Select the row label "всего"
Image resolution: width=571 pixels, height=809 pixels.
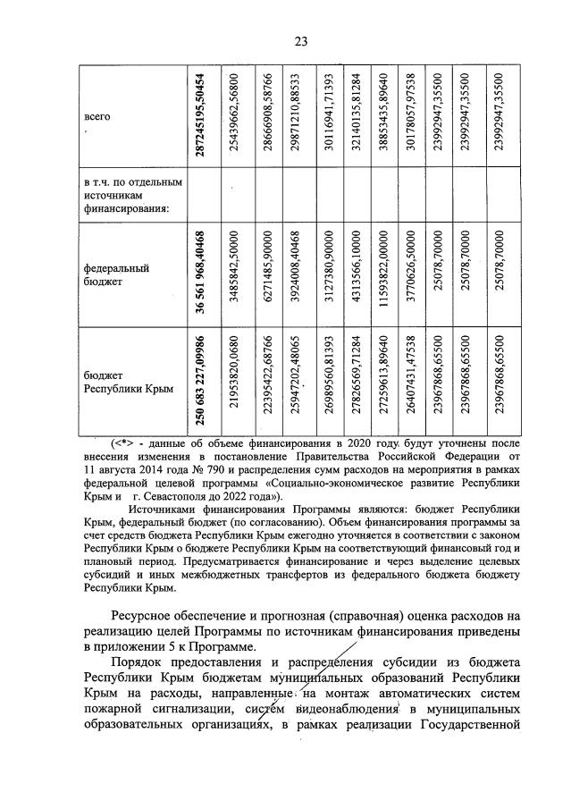(97, 117)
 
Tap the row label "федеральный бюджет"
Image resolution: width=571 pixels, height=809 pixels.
(115, 274)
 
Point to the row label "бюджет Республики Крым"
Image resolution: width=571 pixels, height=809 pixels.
(122, 383)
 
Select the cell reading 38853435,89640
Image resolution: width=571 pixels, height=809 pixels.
(382, 116)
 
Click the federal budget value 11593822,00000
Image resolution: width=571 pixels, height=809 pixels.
(382, 273)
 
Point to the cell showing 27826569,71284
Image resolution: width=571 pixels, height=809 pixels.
(355, 382)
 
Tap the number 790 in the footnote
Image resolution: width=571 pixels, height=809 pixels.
(213, 468)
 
